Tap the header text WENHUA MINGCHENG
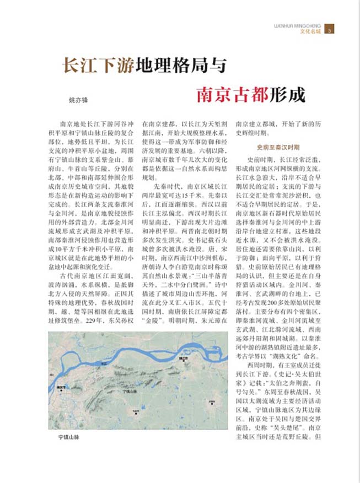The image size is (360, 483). click(x=298, y=25)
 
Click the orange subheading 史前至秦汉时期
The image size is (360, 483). click(x=278, y=148)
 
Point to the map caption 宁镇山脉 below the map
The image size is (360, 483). click(x=69, y=437)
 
